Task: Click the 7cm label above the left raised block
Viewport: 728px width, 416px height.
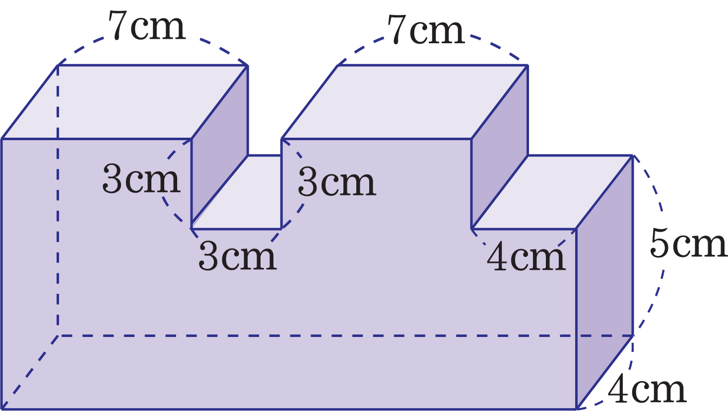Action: click(x=146, y=25)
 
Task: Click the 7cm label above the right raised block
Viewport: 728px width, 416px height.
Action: click(x=426, y=29)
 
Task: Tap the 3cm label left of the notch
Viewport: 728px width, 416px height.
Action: click(x=141, y=178)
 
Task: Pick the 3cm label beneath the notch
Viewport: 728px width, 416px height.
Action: click(x=238, y=255)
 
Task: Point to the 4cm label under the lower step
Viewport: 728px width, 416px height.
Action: click(x=526, y=257)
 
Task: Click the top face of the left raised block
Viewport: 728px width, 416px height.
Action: click(x=125, y=102)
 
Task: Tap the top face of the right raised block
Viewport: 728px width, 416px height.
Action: click(x=404, y=102)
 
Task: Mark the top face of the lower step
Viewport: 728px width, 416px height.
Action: click(x=552, y=192)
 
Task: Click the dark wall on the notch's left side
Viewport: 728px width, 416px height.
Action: click(x=220, y=147)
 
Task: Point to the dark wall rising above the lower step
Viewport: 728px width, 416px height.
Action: click(x=500, y=147)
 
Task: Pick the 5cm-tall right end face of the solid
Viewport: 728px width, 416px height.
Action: click(x=604, y=282)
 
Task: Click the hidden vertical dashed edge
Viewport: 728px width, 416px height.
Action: click(x=58, y=200)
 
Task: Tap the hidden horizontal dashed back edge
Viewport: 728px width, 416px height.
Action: click(x=345, y=335)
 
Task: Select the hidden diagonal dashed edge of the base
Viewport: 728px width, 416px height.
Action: click(x=30, y=372)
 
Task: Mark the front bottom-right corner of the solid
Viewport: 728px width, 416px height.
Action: click(x=576, y=409)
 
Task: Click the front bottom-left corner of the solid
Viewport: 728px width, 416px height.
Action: click(x=1, y=409)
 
